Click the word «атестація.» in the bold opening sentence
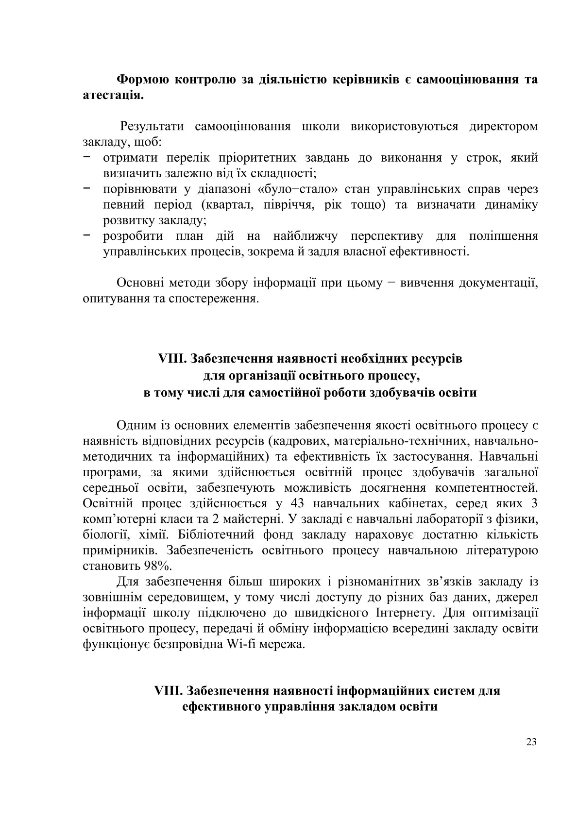click(113, 95)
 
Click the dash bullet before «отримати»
click(86, 157)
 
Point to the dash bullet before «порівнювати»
click(86, 188)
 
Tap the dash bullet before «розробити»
click(86, 235)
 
